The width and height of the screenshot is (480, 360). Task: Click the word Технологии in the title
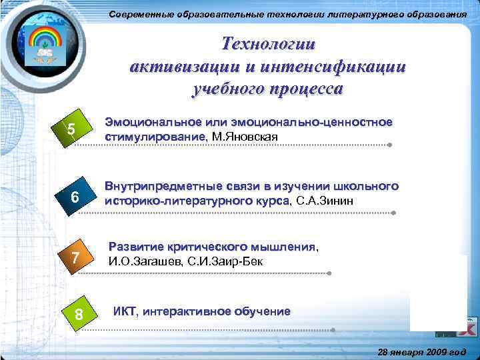pos(269,45)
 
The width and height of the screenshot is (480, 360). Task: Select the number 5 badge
pos(71,129)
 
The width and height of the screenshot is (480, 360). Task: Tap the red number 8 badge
pos(79,313)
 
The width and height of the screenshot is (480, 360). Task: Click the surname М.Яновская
pos(245,137)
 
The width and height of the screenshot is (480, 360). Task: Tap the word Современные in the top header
pos(141,15)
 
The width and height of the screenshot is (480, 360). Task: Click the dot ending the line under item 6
pos(394,213)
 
